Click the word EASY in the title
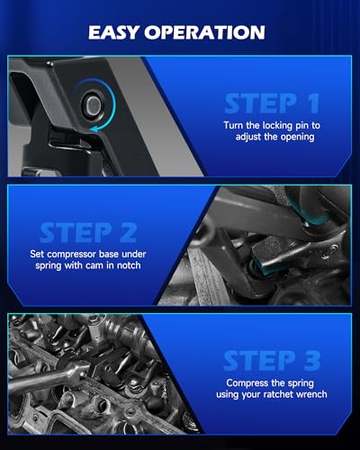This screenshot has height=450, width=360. point(113,32)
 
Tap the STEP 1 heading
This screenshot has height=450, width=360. point(272,103)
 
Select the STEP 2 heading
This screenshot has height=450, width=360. point(88,233)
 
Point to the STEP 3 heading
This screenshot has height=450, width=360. point(272,361)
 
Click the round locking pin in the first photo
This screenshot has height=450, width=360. point(94,104)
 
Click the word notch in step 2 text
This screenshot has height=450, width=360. point(129,265)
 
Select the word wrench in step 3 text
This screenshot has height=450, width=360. point(311,394)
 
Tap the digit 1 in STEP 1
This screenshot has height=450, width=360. point(312,103)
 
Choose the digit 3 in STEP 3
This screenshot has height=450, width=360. point(311,361)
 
